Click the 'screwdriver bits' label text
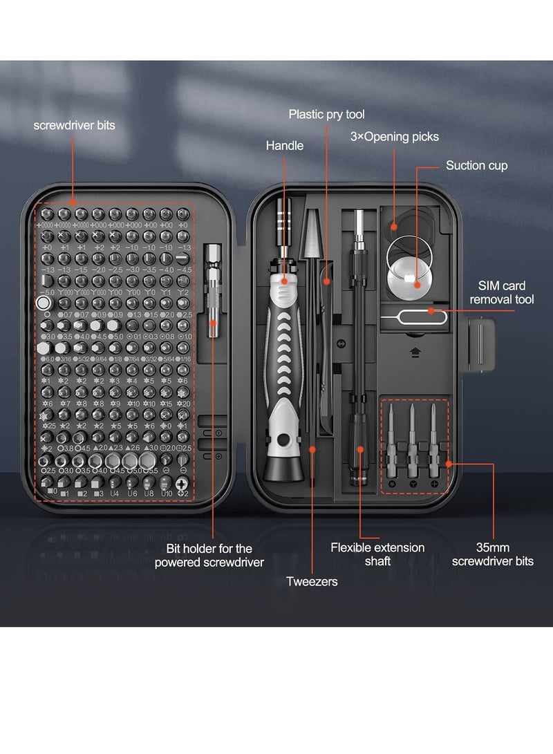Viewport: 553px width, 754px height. click(x=75, y=125)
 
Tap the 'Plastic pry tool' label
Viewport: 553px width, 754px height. click(x=326, y=114)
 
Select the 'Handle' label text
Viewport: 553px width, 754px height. click(x=284, y=146)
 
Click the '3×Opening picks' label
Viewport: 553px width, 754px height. click(x=394, y=137)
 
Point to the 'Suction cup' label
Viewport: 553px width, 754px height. click(x=476, y=165)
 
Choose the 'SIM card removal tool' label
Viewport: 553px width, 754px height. click(x=502, y=292)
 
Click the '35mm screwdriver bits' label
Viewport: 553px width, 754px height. click(x=492, y=554)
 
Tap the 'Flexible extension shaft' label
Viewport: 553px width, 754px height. click(x=377, y=554)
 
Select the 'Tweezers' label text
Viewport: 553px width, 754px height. click(x=312, y=581)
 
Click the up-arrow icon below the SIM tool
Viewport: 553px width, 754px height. click(x=415, y=351)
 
